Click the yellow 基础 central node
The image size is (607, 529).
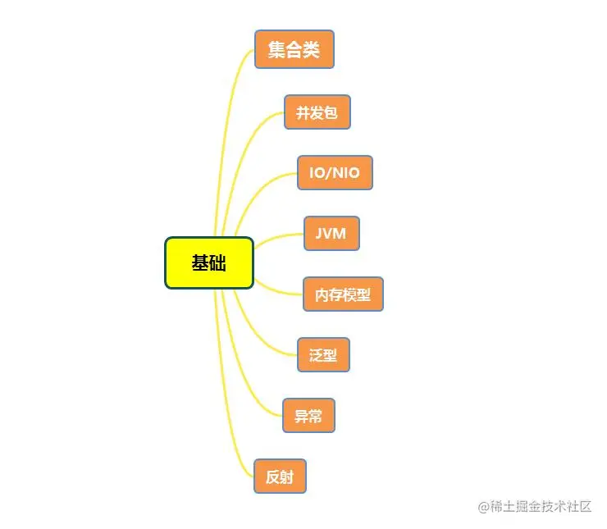click(209, 262)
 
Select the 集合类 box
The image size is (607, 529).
click(294, 49)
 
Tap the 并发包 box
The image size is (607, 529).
click(317, 112)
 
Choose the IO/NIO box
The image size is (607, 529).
click(335, 173)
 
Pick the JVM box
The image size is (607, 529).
click(331, 234)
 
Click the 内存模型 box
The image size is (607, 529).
click(343, 294)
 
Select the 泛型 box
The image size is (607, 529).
click(323, 355)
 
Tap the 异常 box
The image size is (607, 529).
click(308, 416)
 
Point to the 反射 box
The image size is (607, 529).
click(280, 477)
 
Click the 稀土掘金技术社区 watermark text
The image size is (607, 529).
click(541, 507)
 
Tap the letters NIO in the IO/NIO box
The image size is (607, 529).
click(346, 173)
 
